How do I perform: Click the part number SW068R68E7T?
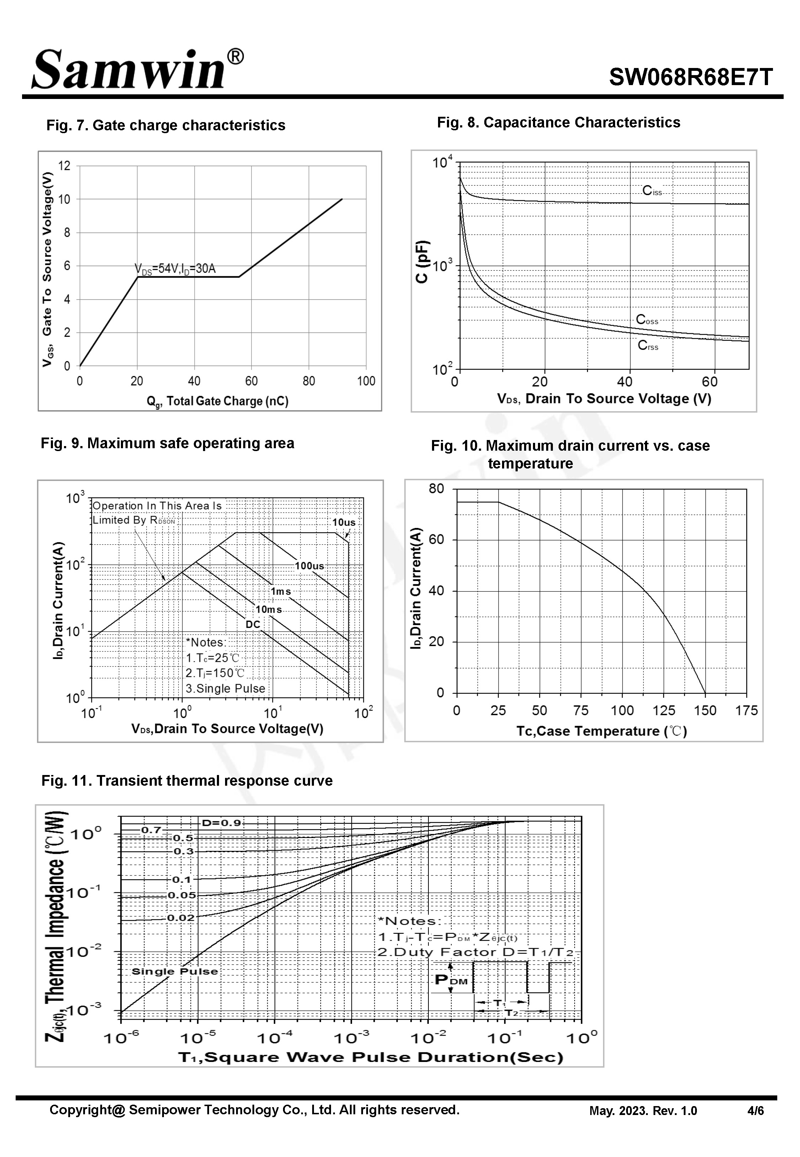tap(691, 78)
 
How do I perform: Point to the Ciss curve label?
tap(652, 191)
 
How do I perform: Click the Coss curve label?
tap(647, 320)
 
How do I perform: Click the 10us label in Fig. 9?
tap(344, 522)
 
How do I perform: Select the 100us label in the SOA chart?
tap(309, 566)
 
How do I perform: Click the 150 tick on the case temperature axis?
tap(705, 711)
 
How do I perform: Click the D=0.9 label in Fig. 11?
tap(221, 823)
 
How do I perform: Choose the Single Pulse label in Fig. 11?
tap(175, 972)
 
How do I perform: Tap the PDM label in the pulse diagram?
tap(451, 979)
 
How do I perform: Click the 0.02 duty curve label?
tap(181, 918)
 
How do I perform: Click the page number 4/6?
tap(756, 1110)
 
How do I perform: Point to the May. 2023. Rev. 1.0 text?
tap(643, 1111)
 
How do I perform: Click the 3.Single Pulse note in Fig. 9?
tap(225, 689)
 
